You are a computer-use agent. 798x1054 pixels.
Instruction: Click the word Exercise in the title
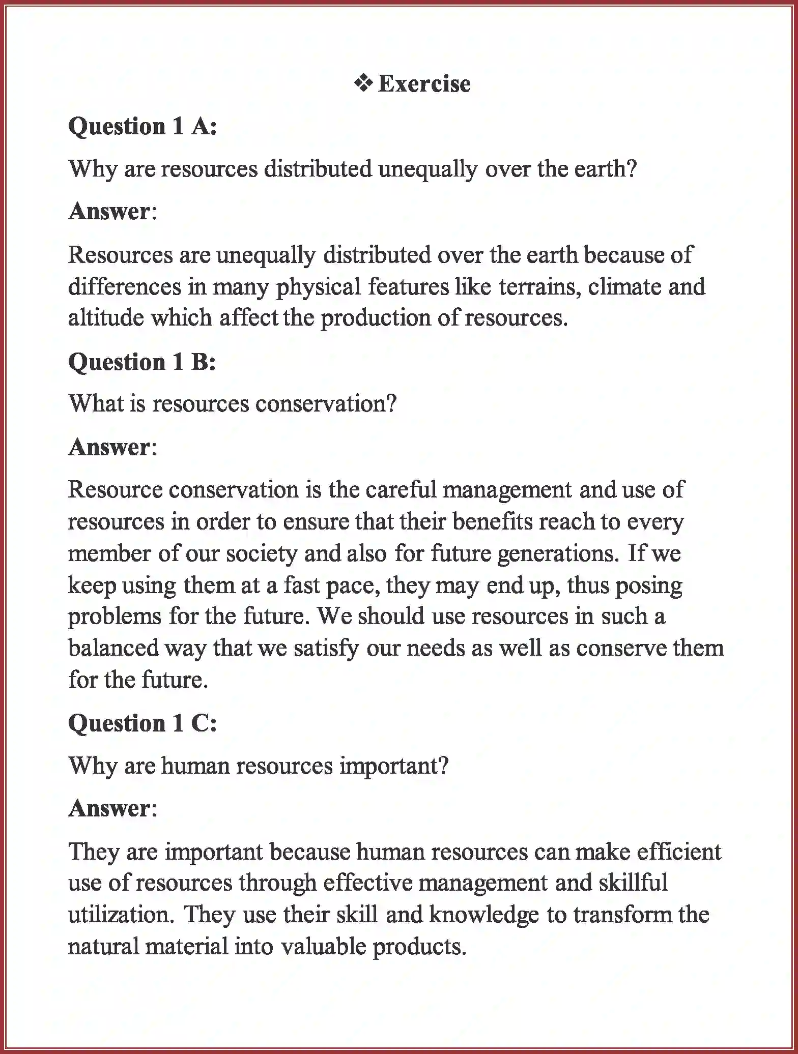424,84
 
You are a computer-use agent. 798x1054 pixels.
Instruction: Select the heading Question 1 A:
142,126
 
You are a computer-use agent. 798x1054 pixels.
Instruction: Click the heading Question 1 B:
142,362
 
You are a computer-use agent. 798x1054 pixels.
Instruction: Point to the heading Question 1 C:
142,723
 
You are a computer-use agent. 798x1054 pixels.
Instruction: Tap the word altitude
105,318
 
